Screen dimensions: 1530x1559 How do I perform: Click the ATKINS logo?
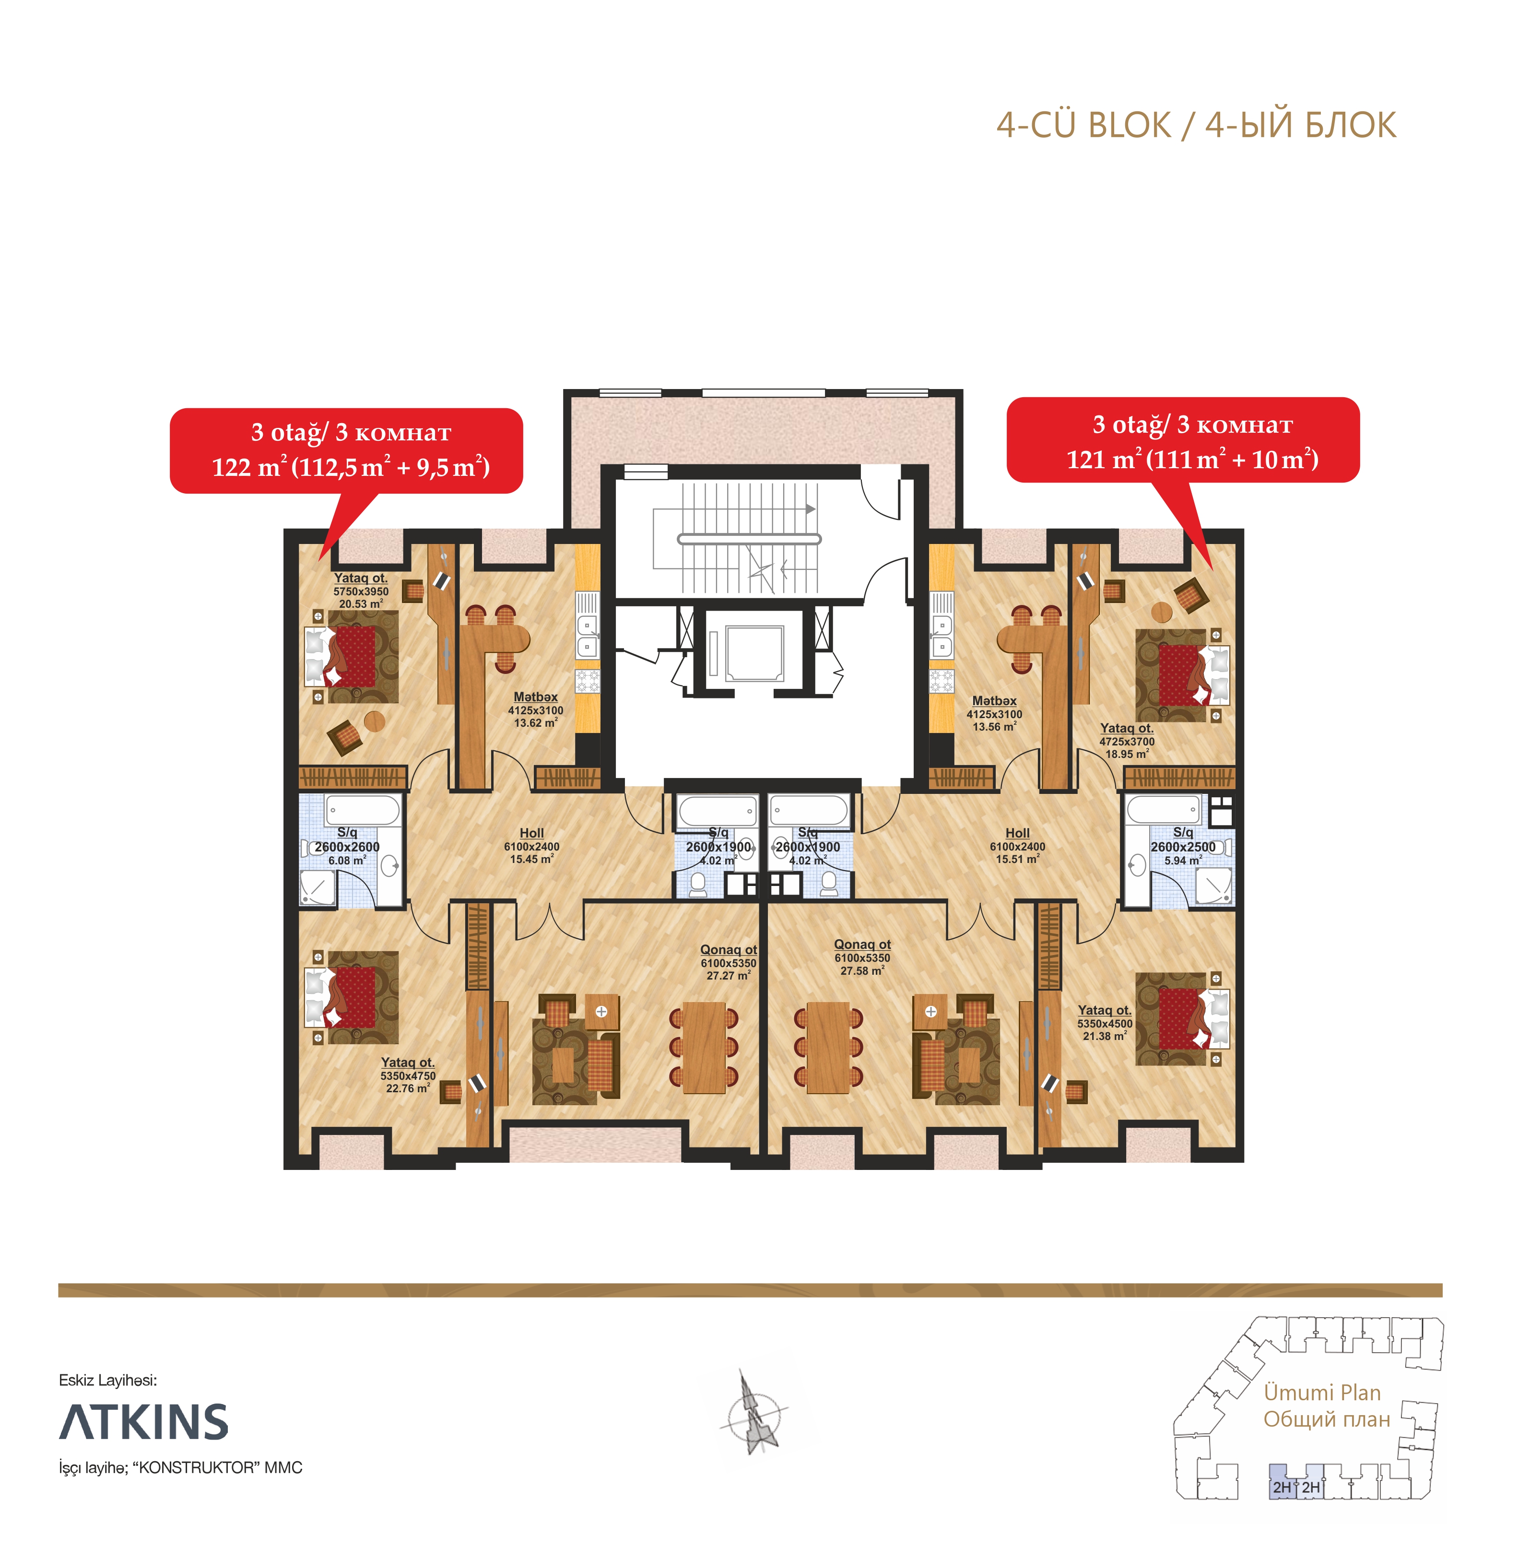tap(144, 1422)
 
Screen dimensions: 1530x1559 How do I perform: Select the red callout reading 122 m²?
tap(346, 451)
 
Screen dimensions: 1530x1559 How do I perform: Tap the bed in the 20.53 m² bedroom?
tap(351, 657)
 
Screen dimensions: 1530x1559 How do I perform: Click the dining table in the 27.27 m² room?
tap(704, 1047)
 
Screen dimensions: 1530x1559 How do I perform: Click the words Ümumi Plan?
tap(1322, 1393)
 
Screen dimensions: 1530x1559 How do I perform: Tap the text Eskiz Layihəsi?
tap(108, 1381)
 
